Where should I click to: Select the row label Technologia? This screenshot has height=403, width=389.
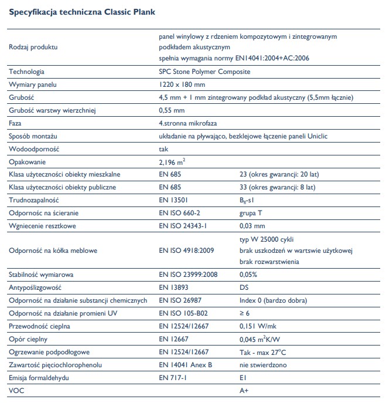27,72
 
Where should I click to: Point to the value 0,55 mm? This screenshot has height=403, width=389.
172,110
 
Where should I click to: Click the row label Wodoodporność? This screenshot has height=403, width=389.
35,149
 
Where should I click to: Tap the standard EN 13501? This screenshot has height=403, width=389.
174,200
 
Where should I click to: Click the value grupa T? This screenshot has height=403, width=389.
254,212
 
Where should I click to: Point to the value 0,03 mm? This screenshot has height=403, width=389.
252,226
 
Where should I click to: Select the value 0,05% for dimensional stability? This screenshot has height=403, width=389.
250,275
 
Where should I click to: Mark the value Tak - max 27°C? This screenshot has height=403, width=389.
262,352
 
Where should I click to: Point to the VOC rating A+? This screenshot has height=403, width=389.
245,390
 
